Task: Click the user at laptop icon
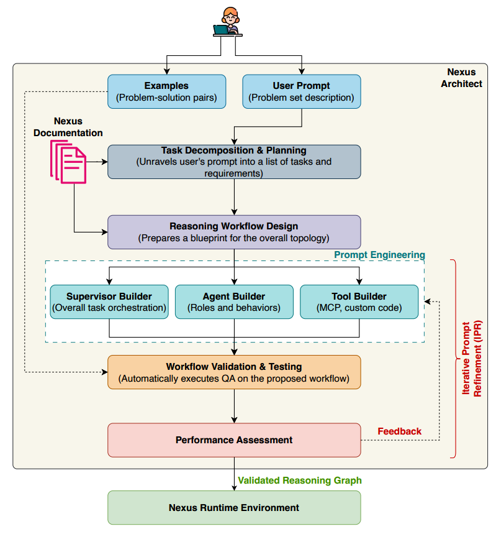pos(228,22)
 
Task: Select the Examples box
pos(166,91)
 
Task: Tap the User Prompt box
pos(301,91)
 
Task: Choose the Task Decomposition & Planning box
pos(234,162)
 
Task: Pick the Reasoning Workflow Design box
pos(234,232)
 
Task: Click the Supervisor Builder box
pos(109,302)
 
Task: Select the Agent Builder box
pos(234,302)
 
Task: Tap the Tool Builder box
pos(359,302)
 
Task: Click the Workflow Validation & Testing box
pos(234,372)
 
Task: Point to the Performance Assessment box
pos(234,440)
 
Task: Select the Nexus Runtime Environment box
pos(234,507)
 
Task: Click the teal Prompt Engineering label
pos(379,255)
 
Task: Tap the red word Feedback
pos(399,431)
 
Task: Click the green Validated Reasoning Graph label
pos(300,481)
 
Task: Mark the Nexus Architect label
pos(461,78)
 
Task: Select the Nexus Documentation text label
pos(68,127)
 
